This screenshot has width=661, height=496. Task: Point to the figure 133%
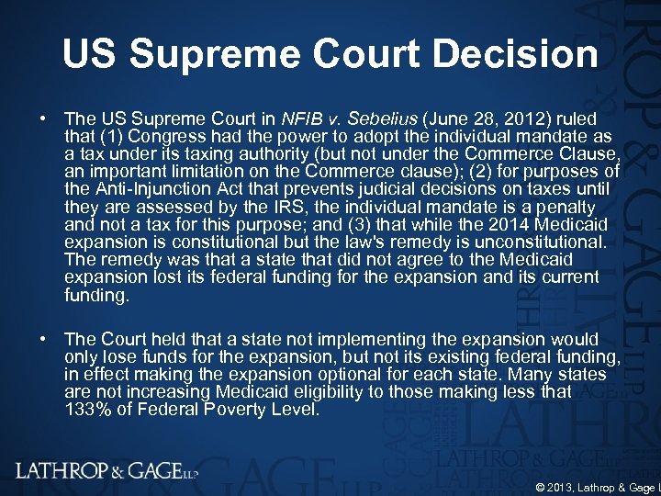tap(85, 409)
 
